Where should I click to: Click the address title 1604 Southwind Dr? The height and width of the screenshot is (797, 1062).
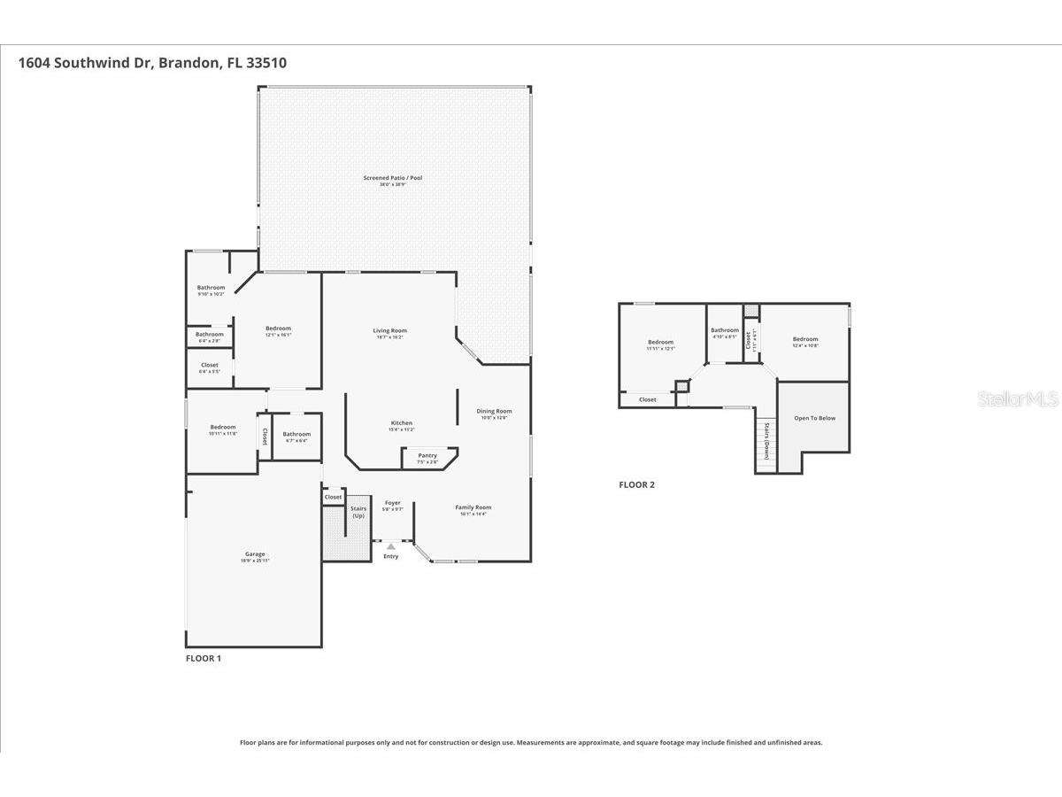[152, 63]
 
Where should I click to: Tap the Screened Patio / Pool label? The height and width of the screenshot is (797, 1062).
[392, 178]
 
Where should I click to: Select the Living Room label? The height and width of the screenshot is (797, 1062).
[389, 331]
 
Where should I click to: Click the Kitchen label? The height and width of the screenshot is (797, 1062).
[402, 423]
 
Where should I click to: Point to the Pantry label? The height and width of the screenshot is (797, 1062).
[427, 456]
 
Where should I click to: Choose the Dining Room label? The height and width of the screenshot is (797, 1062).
[494, 411]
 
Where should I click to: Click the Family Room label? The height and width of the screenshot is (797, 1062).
[473, 508]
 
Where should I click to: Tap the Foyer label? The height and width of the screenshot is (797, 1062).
[392, 503]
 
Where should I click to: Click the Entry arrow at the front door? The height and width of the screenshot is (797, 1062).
[390, 547]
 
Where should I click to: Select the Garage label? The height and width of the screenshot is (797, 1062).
[255, 554]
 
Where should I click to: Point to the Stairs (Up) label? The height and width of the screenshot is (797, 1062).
[358, 512]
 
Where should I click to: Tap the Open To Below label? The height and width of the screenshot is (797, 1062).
[814, 418]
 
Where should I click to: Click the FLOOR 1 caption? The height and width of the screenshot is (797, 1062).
[204, 659]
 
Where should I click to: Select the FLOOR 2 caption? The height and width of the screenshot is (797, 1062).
[636, 484]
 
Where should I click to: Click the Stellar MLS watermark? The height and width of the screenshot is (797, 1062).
[1018, 400]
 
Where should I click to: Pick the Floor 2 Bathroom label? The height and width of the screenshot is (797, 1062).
[724, 331]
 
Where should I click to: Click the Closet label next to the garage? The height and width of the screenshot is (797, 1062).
[333, 498]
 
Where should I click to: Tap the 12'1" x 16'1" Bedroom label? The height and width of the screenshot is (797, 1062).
[278, 329]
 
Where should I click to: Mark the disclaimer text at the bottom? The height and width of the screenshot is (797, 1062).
[531, 743]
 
